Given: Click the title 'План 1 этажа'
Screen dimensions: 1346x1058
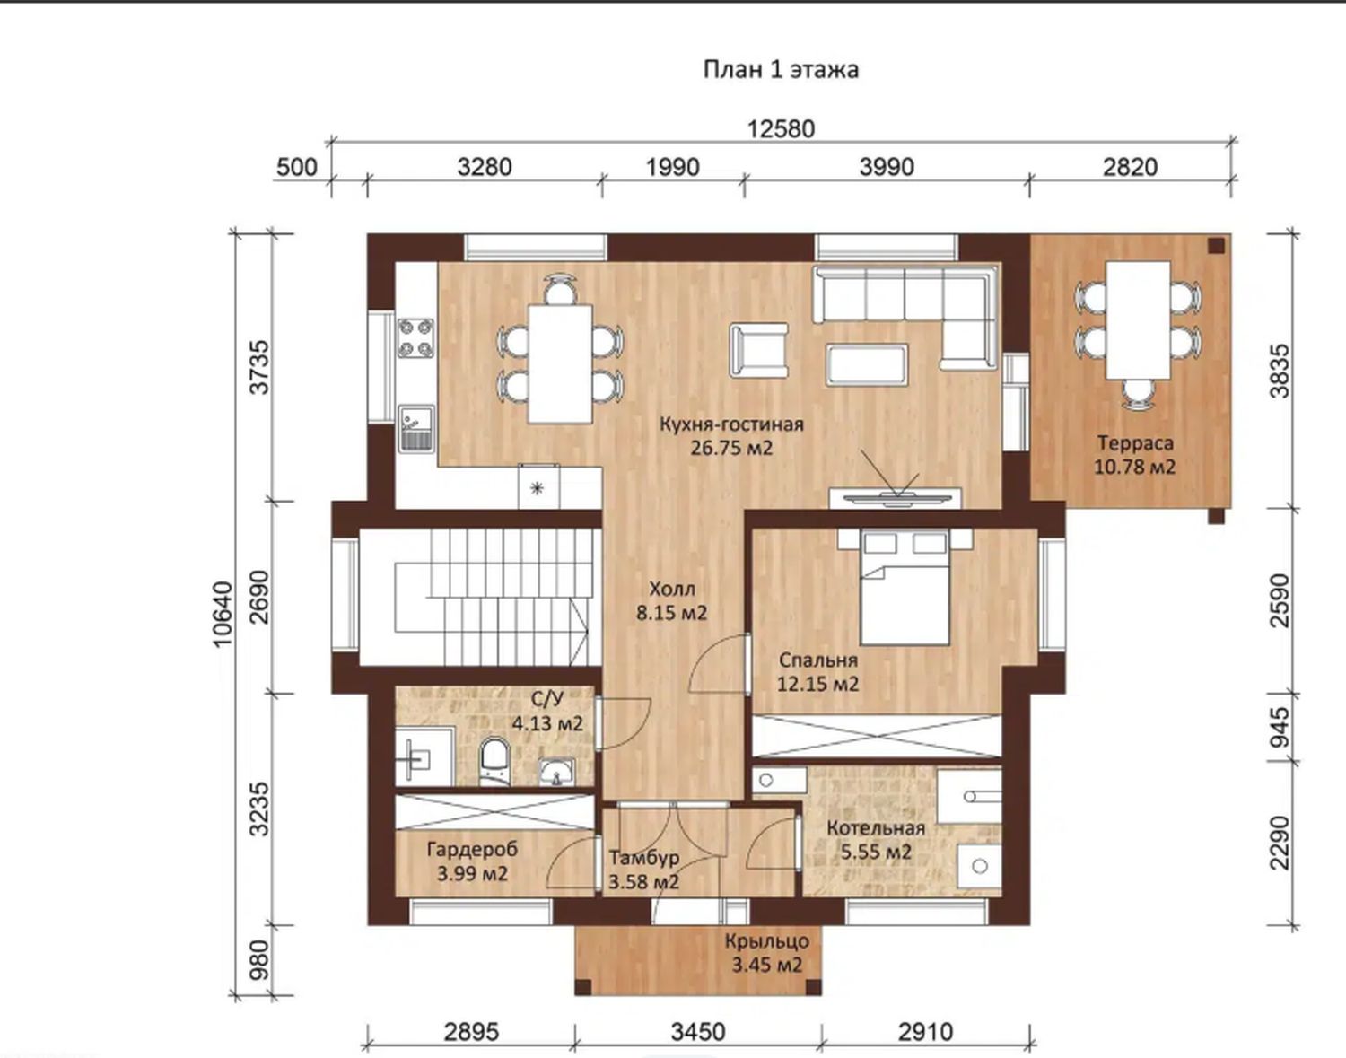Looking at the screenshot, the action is click(x=781, y=69).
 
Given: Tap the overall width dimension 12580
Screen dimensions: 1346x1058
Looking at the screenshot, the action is click(x=781, y=129).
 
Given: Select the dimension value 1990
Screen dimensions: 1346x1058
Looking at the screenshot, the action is click(x=673, y=167).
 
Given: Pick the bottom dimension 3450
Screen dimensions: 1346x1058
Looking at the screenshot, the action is click(x=698, y=1032).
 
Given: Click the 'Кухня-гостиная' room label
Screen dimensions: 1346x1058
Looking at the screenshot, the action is click(x=731, y=424).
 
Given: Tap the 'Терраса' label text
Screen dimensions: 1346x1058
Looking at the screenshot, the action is click(x=1135, y=443).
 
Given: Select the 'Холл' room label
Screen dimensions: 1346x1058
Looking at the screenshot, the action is click(x=672, y=589).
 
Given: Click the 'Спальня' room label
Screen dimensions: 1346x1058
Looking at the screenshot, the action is click(x=818, y=660).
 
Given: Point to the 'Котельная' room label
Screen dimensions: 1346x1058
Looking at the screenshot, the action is click(x=876, y=828).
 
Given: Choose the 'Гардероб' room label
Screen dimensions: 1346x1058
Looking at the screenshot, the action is click(x=472, y=849).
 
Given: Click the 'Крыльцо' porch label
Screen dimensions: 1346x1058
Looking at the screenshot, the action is click(x=767, y=941).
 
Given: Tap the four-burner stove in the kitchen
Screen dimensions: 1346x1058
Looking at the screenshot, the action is click(x=415, y=338).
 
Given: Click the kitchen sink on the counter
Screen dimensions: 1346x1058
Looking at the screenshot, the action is click(x=415, y=429).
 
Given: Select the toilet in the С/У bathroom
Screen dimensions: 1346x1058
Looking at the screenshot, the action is click(x=494, y=760).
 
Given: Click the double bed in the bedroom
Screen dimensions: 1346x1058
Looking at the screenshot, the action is click(x=905, y=587).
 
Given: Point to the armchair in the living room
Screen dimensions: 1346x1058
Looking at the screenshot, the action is click(x=759, y=350).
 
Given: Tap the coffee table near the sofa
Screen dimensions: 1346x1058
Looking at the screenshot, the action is click(x=867, y=365).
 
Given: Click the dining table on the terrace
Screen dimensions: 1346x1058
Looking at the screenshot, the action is click(x=1139, y=320).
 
